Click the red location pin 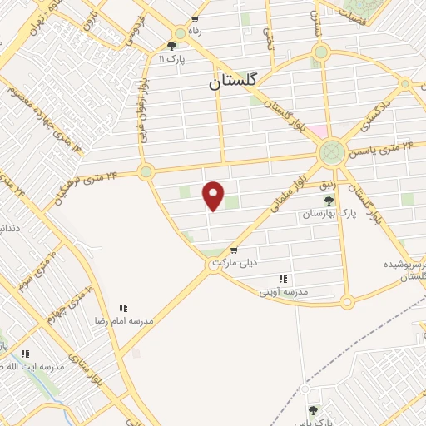coord(214,195)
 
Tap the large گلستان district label coord(234,82)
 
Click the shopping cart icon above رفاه coord(195,19)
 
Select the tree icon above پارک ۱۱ coord(171,47)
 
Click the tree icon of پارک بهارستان coord(329,200)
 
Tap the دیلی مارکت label coord(232,262)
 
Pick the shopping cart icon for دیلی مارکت coord(234,250)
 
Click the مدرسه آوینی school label coord(285,291)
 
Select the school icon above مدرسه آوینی coord(283,279)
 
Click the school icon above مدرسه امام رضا coord(124,308)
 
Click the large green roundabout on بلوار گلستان coord(331,152)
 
